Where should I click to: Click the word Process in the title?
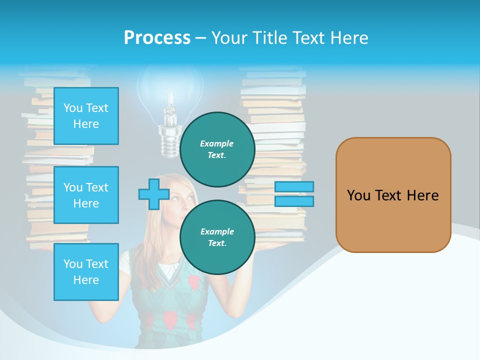tap(157, 38)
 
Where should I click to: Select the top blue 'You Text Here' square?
tap(86, 116)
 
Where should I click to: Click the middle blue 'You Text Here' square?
tap(86, 195)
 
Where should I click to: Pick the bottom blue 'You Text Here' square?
tap(86, 272)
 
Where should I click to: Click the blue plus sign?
tap(153, 194)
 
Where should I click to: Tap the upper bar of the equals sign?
tap(294, 186)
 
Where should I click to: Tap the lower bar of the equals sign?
tap(294, 201)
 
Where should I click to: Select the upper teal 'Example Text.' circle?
tap(217, 149)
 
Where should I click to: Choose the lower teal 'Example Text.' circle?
tap(217, 237)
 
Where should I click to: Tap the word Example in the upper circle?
tap(217, 143)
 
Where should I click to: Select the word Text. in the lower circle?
tap(217, 243)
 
